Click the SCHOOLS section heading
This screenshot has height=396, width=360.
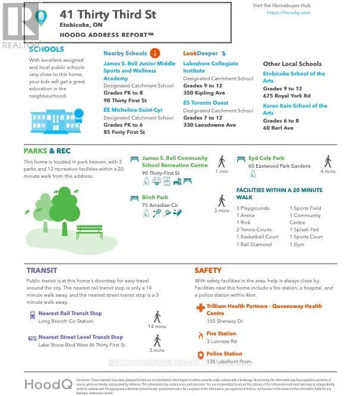point(48,49)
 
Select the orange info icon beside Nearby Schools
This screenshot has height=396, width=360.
point(155,53)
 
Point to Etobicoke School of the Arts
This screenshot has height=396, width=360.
point(294,77)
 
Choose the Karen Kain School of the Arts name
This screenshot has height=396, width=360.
point(295,109)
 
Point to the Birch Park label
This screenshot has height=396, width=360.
point(155,197)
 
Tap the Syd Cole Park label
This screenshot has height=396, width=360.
point(266,159)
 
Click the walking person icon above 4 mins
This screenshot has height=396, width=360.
point(327,161)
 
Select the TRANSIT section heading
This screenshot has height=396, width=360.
point(42,271)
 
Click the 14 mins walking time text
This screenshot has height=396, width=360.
point(156,326)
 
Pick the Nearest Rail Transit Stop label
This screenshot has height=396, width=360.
point(70,313)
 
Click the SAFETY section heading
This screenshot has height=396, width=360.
point(208,271)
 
